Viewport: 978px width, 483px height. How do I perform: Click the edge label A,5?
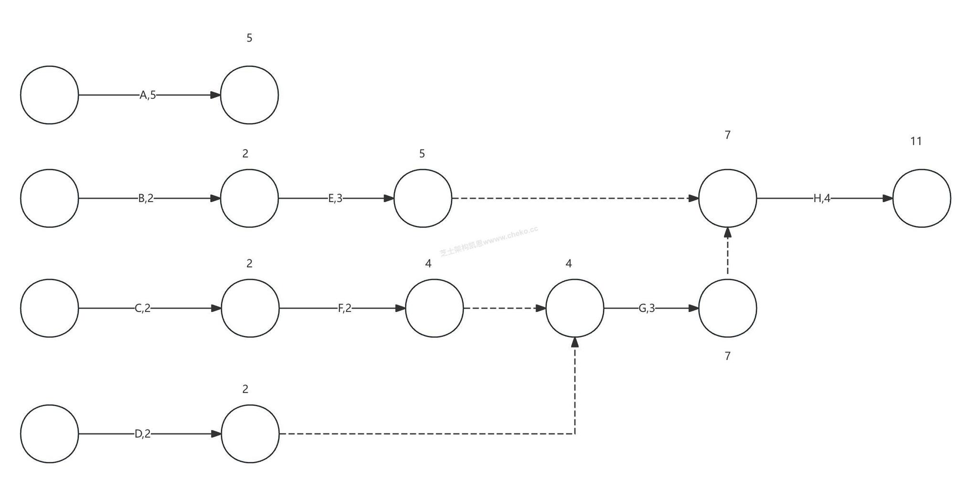click(148, 95)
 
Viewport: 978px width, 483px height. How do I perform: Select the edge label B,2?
click(146, 198)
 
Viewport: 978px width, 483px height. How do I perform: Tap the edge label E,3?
click(335, 198)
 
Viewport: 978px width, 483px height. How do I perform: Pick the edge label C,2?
click(142, 308)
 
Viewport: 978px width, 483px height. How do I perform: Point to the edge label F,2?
click(344, 308)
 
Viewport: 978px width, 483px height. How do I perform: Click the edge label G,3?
click(647, 308)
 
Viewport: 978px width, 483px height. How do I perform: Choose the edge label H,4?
click(821, 198)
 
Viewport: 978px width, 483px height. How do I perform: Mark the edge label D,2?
click(142, 434)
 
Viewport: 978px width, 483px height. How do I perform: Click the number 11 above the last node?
click(915, 141)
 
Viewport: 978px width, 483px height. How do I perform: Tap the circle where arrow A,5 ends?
click(249, 95)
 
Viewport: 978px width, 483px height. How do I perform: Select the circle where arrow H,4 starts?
click(727, 198)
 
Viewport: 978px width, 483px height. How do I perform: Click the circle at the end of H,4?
click(921, 198)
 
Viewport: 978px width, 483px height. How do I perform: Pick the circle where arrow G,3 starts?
click(574, 308)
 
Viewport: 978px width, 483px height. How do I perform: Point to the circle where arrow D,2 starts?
click(49, 434)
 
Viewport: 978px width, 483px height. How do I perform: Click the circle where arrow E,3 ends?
click(423, 198)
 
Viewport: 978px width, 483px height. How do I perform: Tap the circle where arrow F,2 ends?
click(434, 308)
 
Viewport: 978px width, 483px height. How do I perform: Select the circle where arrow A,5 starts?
click(49, 95)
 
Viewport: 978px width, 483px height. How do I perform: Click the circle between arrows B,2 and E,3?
click(249, 198)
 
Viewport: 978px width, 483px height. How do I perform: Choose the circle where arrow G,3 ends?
click(727, 308)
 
